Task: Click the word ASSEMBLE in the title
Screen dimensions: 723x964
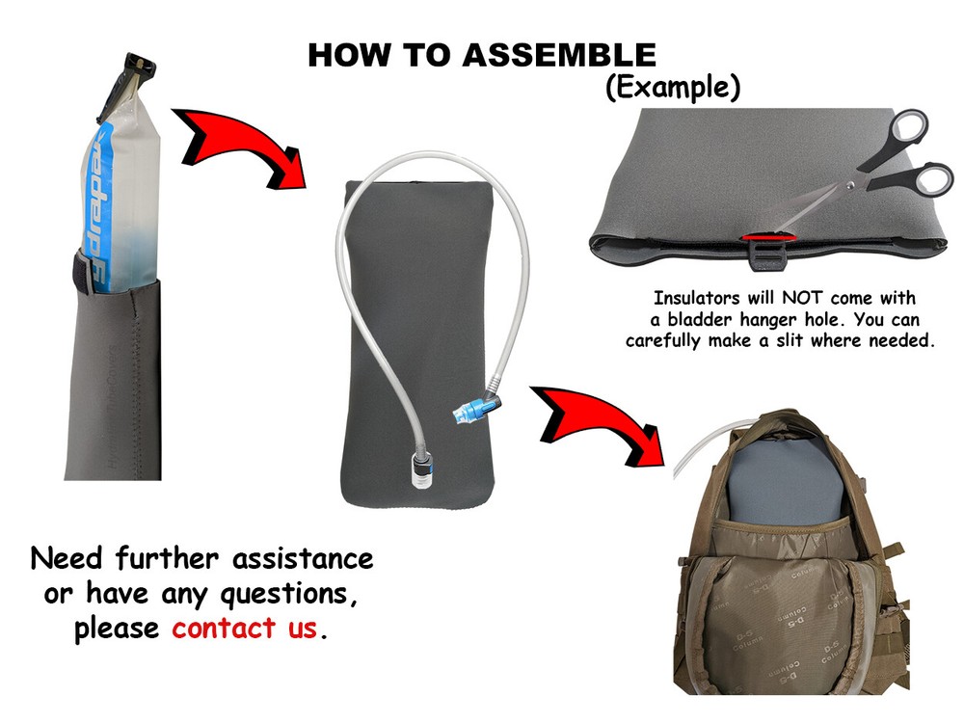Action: coord(559,55)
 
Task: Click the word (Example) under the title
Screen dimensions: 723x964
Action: coord(673,87)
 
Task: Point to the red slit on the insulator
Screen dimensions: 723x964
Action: coord(768,236)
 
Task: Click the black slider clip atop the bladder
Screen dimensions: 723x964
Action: coord(129,73)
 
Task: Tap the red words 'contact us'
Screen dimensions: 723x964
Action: coord(245,629)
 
